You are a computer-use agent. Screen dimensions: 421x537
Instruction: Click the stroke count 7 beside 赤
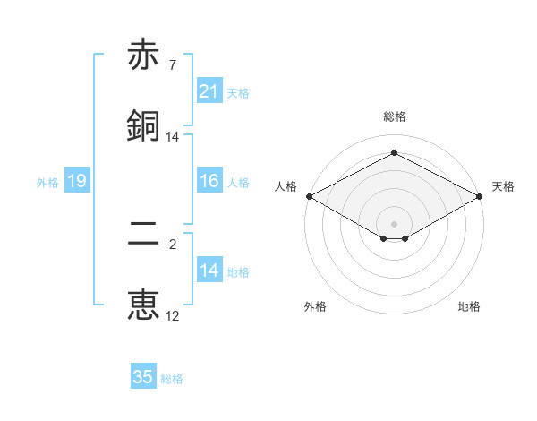click(172, 65)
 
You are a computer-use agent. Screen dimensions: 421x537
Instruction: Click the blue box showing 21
click(209, 91)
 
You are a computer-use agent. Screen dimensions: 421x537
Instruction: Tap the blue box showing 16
click(209, 182)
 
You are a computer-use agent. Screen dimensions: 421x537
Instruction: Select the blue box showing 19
click(77, 182)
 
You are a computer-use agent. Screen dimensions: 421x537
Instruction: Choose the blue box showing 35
click(143, 378)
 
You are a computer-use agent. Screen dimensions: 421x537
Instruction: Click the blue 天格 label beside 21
click(238, 92)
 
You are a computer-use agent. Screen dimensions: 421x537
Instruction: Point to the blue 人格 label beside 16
click(238, 183)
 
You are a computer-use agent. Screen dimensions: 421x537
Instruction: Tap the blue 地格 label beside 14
click(238, 272)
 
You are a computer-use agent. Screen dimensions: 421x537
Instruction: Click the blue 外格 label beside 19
click(47, 183)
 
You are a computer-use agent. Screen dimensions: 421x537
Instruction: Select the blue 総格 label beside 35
click(172, 379)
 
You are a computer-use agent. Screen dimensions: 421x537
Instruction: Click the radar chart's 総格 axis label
click(394, 116)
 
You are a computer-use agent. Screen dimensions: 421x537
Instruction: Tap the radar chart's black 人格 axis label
click(286, 186)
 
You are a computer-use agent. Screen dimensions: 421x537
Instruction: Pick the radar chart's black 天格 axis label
click(503, 186)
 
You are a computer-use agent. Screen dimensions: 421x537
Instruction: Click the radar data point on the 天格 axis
click(481, 196)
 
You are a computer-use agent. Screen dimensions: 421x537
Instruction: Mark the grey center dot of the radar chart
click(394, 223)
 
